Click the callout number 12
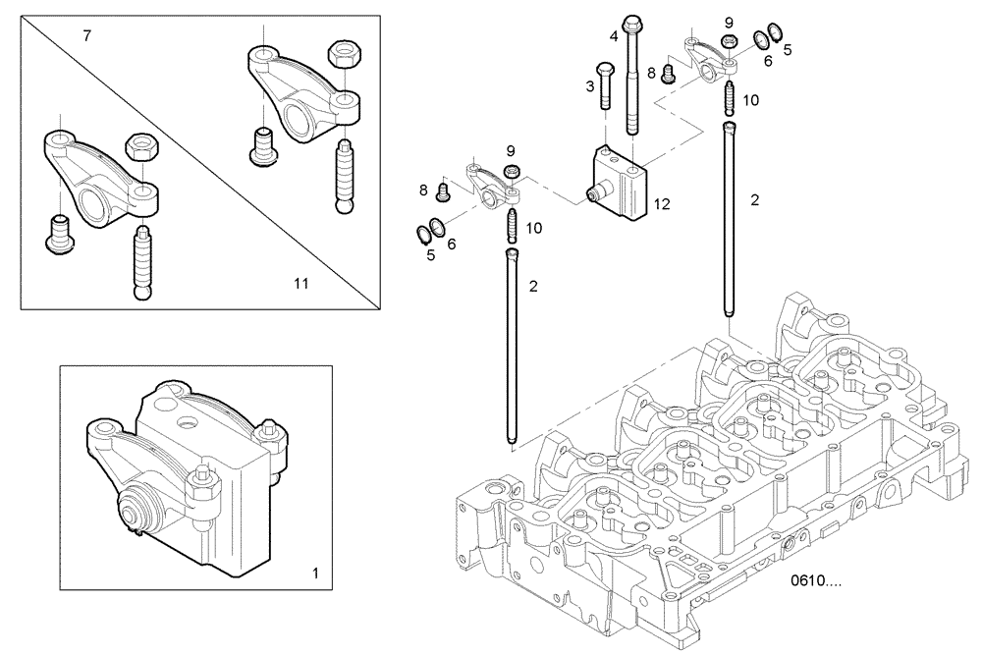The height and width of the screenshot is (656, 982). (662, 204)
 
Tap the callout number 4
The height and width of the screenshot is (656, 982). (614, 36)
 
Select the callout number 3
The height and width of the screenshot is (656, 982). (590, 87)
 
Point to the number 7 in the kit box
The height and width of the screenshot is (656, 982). (86, 36)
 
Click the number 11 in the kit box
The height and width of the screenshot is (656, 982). (300, 284)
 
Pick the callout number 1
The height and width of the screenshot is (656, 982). (315, 571)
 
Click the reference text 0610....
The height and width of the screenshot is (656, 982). (816, 581)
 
